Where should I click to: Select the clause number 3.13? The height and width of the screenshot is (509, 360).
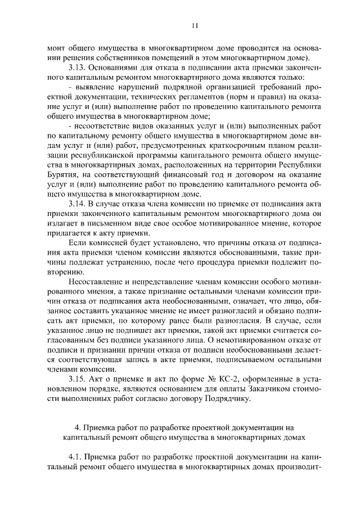78,67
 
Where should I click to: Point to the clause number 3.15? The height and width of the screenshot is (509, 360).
78,380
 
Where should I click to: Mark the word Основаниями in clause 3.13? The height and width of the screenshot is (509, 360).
117,67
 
